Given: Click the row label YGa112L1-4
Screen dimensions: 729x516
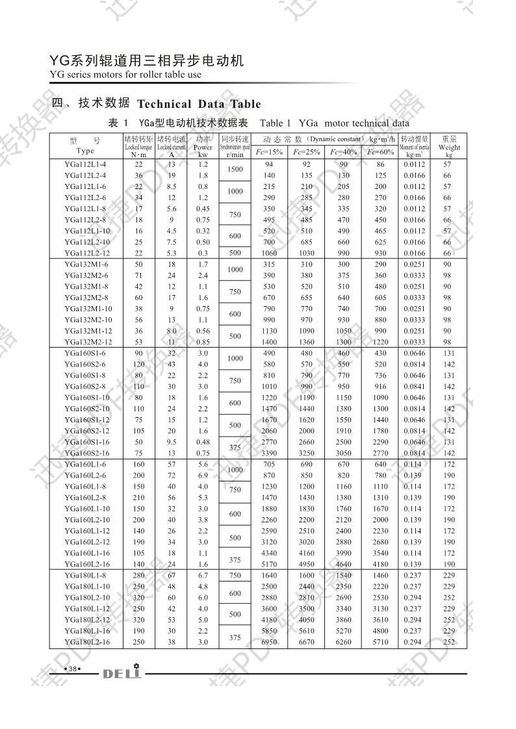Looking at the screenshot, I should click(x=85, y=164).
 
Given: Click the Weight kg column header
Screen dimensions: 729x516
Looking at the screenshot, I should click(x=448, y=147).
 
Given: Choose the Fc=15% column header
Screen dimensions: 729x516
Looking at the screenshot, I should click(x=269, y=152).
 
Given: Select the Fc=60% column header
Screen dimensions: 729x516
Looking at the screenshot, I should click(x=380, y=152).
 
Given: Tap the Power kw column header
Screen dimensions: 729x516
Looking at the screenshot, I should click(x=203, y=147).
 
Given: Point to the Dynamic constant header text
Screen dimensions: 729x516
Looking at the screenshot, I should click(x=337, y=139).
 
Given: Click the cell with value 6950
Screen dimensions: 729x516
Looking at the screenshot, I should click(x=269, y=642).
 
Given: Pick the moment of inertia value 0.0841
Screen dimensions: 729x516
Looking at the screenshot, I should click(x=414, y=387).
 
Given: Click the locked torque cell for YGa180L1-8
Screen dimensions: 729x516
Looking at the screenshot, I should click(x=138, y=575).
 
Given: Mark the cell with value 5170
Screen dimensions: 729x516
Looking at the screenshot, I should click(x=269, y=564).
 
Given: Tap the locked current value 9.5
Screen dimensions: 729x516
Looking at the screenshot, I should click(x=172, y=442).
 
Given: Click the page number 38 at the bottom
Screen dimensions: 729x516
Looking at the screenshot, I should click(x=73, y=669).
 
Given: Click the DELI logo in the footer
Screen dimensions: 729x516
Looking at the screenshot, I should click(x=122, y=672).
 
